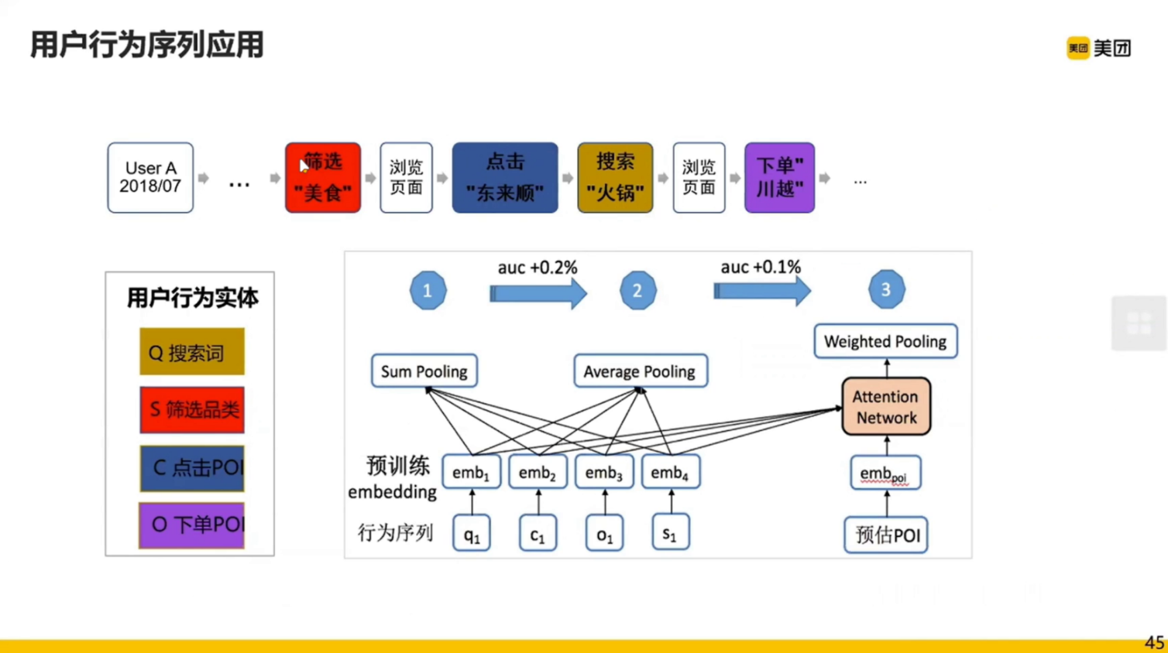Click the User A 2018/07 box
point(150,177)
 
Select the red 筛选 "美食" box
point(323,177)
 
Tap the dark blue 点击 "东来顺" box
point(504,177)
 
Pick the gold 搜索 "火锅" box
point(615,177)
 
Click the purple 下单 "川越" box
point(779,177)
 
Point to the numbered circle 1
point(428,291)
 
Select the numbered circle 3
point(886,289)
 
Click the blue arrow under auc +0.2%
point(538,293)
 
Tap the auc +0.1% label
point(761,267)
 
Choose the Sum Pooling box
point(424,371)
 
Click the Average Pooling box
point(640,371)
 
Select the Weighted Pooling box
point(885,341)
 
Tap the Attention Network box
point(886,407)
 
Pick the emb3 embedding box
point(604,473)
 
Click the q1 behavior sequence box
point(472,533)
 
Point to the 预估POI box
point(886,535)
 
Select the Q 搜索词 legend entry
point(192,352)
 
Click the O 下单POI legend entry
point(192,525)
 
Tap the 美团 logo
point(1099,48)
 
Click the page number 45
point(1154,642)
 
